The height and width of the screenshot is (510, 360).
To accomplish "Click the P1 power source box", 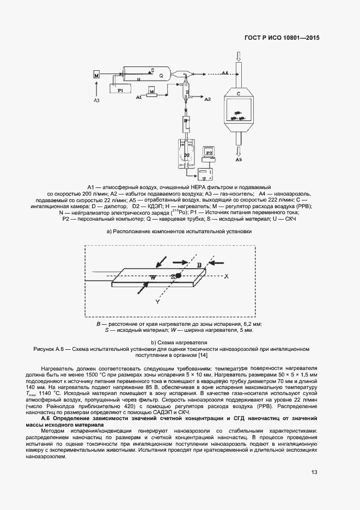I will click(121, 90).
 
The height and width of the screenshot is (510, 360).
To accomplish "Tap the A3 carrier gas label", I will click(96, 101).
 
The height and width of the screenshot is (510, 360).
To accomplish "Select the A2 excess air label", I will click(207, 100).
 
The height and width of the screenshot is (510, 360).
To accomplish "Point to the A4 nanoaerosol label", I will click(224, 72).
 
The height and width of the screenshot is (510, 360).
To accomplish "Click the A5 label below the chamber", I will click(239, 161).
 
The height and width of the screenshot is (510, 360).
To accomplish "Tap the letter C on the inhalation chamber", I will click(239, 94).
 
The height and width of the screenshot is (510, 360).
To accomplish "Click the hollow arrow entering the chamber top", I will click(239, 56).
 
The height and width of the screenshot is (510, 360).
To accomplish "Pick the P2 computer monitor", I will click(209, 153).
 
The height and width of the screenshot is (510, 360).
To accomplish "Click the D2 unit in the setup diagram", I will click(186, 155).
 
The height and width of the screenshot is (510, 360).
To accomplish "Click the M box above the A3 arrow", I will click(96, 76).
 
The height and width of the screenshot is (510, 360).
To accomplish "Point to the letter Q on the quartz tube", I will click(161, 76).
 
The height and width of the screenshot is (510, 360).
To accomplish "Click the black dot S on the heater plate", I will click(178, 277).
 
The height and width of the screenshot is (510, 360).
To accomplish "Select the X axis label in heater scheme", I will click(226, 276).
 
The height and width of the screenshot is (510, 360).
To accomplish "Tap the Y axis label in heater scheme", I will click(157, 301).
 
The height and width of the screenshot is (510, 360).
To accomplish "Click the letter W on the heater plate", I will click(153, 277).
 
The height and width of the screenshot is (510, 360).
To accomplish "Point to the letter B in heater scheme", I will click(199, 264).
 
